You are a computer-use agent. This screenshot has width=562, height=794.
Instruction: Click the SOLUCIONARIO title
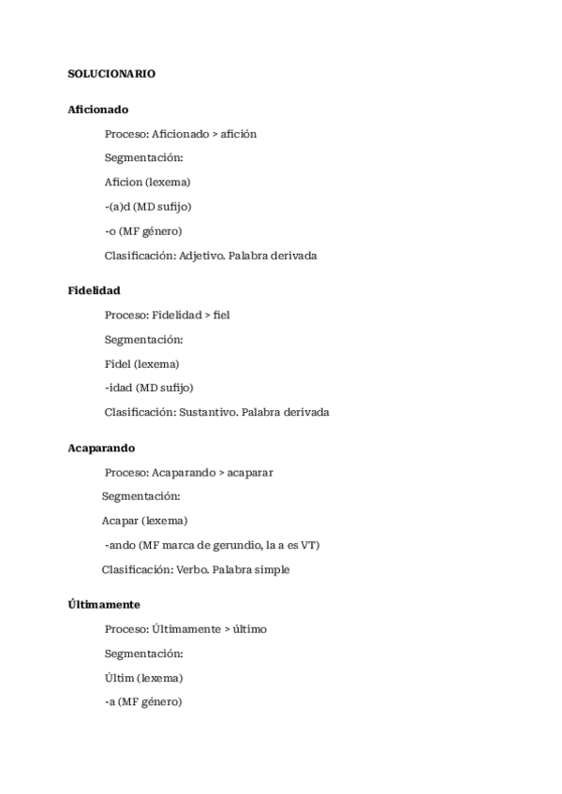(x=111, y=73)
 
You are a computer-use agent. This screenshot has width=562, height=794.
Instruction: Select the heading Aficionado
(x=98, y=110)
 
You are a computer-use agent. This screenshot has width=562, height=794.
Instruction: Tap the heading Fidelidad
(x=94, y=290)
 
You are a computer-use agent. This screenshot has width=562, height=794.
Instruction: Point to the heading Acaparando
(x=101, y=448)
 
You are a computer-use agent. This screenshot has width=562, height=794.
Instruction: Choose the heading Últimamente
(x=104, y=605)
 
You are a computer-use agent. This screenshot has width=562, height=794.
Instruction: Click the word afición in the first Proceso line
(x=239, y=134)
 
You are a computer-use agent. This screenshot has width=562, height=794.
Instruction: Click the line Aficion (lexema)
(x=148, y=183)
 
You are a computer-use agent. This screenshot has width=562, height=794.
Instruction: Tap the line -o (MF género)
(x=143, y=231)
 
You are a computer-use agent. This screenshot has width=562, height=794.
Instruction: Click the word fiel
(x=222, y=315)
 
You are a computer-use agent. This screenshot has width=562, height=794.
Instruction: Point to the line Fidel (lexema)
(x=142, y=363)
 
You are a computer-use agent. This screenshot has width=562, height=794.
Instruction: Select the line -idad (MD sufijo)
(x=149, y=388)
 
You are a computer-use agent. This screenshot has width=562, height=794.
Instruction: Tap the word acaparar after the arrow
(x=250, y=473)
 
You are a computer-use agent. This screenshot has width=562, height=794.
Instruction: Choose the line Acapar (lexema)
(x=144, y=521)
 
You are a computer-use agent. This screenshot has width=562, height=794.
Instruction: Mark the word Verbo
(x=190, y=569)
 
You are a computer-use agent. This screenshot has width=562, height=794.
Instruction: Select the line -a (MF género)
(x=143, y=701)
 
